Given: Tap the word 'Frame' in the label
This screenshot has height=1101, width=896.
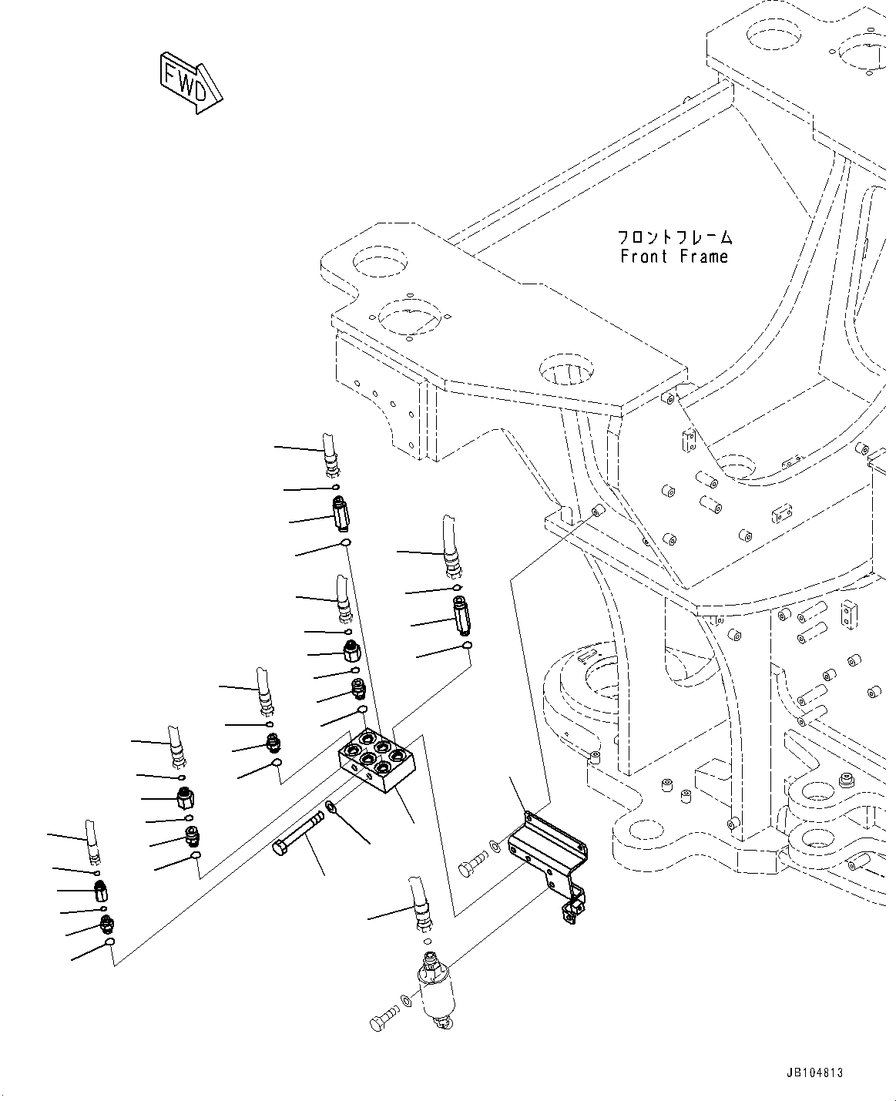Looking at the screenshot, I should (x=703, y=257).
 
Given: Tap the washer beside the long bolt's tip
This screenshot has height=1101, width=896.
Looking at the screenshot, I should (x=331, y=807).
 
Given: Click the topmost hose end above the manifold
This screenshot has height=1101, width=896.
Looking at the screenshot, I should (x=331, y=455).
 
